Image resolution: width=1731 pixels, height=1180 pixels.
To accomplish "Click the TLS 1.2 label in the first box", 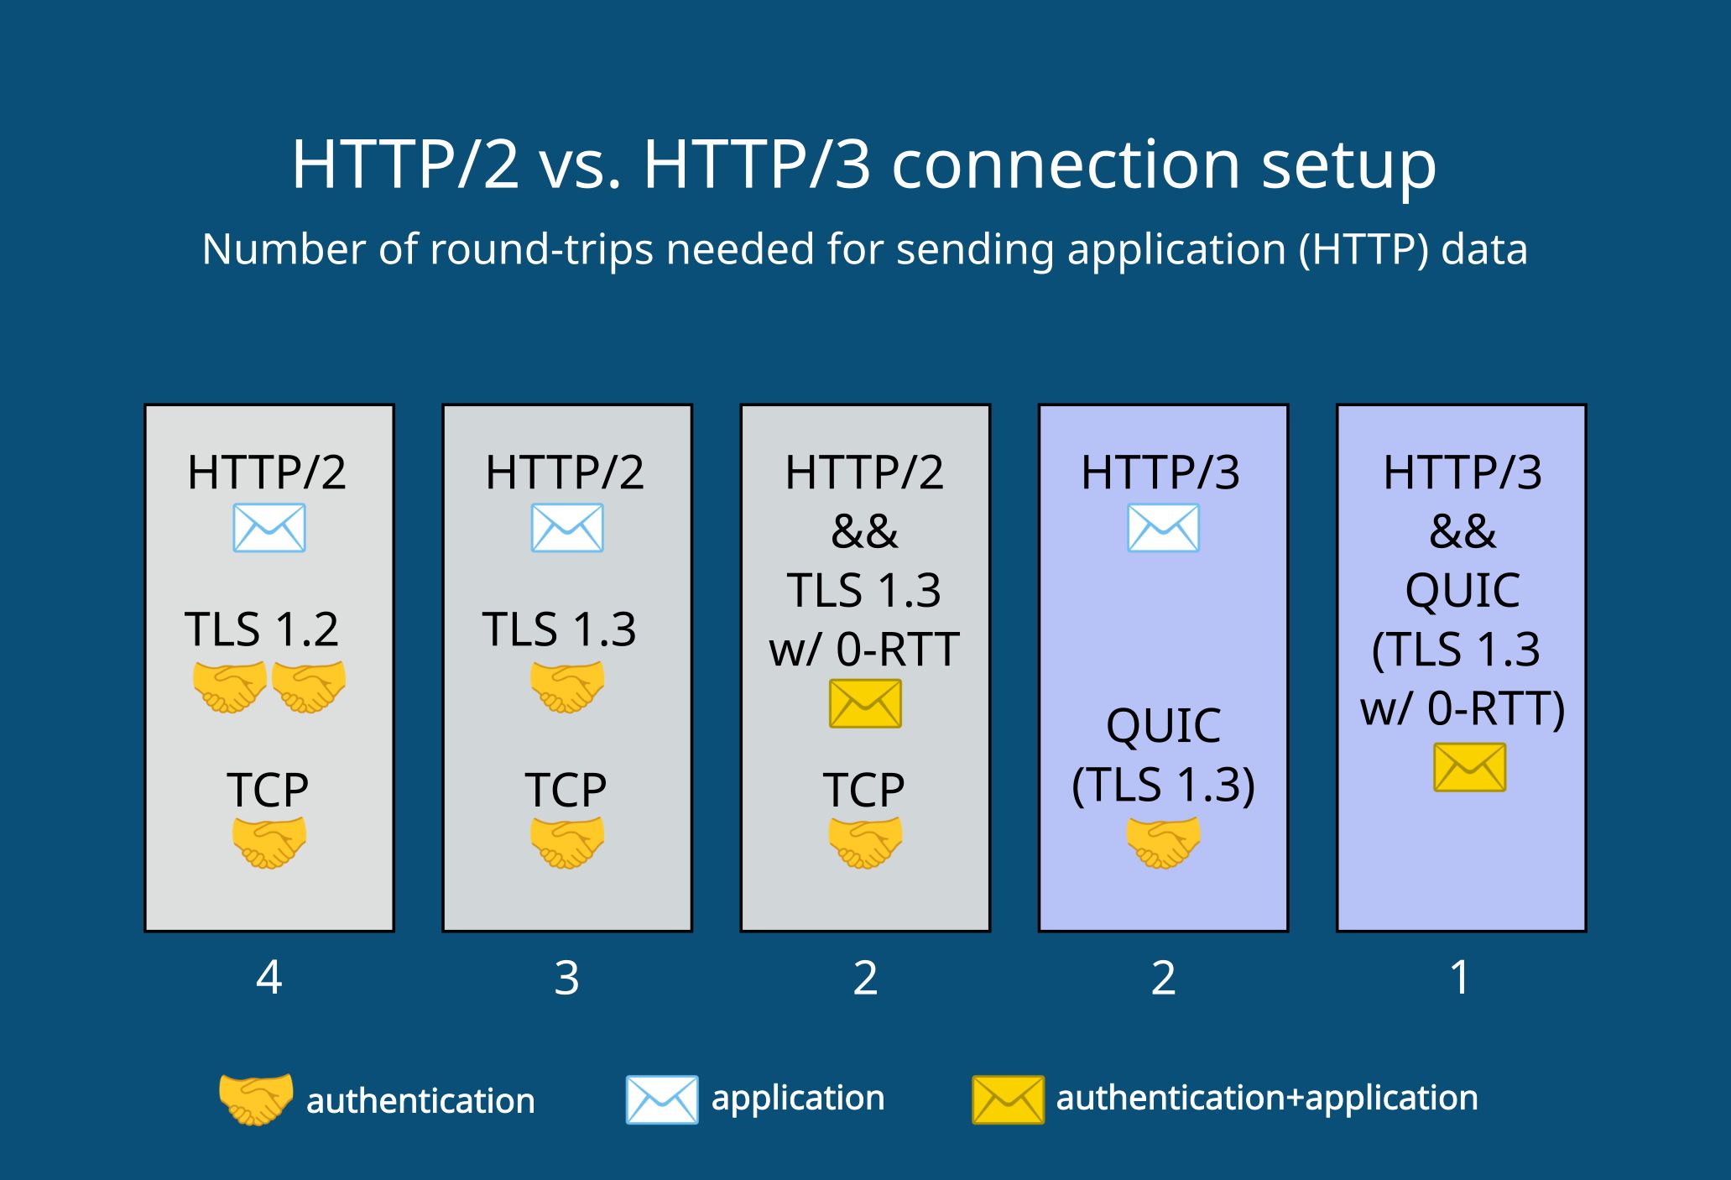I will [x=261, y=629].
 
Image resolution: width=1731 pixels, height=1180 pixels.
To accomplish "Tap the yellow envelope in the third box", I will [x=865, y=703].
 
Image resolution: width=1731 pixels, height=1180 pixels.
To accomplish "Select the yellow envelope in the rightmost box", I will [x=1469, y=768].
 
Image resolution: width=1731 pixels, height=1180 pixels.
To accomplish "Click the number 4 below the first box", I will [x=269, y=978].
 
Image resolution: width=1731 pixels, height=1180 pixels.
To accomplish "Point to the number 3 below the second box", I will [x=567, y=978].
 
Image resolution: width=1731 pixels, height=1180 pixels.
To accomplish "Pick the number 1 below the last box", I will [x=1460, y=978].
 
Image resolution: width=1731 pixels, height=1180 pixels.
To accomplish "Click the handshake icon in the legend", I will [x=256, y=1099].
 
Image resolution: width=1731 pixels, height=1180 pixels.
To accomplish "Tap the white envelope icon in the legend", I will [x=661, y=1099].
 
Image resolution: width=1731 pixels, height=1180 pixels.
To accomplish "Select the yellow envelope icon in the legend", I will [x=1008, y=1099].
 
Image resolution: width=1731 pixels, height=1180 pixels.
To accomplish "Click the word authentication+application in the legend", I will [x=1267, y=1098].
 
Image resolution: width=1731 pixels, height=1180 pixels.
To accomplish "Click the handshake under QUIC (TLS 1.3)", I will [x=1163, y=842].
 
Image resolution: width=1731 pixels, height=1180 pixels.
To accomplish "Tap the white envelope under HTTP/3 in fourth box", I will [x=1163, y=528].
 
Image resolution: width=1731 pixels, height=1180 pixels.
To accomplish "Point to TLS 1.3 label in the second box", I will [x=559, y=629].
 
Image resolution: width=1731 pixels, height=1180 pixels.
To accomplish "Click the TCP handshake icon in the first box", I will [x=269, y=842].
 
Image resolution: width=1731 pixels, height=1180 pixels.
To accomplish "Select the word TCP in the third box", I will [x=864, y=790].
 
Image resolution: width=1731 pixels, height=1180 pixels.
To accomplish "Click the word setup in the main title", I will [x=1349, y=164].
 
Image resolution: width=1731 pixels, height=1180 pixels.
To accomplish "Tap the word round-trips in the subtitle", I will [x=541, y=250].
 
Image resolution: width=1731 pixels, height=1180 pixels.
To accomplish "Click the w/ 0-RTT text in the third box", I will [x=864, y=649].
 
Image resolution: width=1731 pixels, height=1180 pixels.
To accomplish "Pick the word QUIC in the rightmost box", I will [x=1462, y=590].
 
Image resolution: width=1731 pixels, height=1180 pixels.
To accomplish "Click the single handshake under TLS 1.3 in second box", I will [x=567, y=687].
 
